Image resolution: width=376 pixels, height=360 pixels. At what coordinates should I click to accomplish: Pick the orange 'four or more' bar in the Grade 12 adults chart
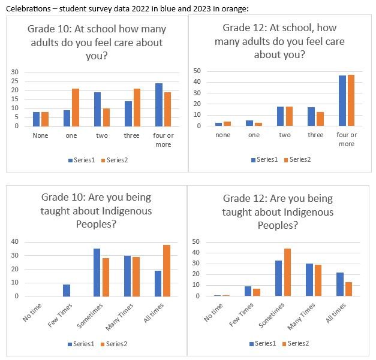pyautogui.click(x=351, y=101)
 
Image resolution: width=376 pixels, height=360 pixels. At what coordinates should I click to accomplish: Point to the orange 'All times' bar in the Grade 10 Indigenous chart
pyautogui.click(x=167, y=271)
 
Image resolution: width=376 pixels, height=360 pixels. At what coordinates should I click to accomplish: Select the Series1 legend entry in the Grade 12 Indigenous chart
pyautogui.click(x=264, y=343)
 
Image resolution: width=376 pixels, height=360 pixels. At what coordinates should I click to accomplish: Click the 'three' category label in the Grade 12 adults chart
pyautogui.click(x=315, y=135)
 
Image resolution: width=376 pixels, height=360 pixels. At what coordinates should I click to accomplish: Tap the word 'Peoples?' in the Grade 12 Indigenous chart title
pyautogui.click(x=278, y=225)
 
